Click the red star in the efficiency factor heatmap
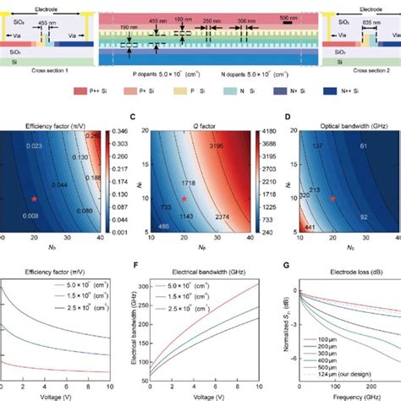click(34, 198)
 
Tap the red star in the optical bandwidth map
click(332, 198)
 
